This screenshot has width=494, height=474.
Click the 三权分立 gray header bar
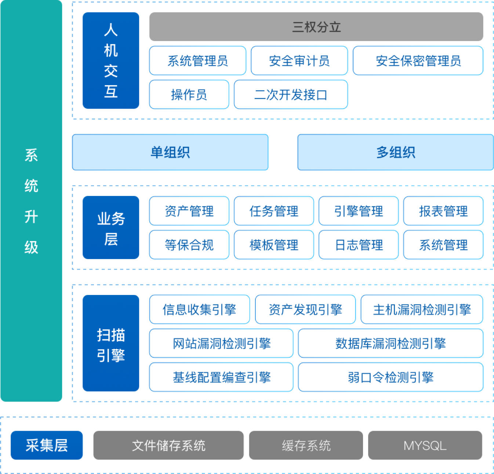pyautogui.click(x=316, y=27)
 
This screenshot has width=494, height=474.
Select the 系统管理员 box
pyautogui.click(x=197, y=61)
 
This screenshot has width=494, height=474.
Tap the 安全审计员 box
pyautogui.click(x=299, y=61)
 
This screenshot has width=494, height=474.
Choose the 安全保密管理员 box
pyautogui.click(x=418, y=61)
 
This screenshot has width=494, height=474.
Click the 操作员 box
pyautogui.click(x=189, y=95)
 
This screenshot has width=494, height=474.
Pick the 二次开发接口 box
pyautogui.click(x=291, y=95)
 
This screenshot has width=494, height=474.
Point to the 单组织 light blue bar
pyautogui.click(x=170, y=152)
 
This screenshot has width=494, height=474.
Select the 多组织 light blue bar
pyautogui.click(x=395, y=152)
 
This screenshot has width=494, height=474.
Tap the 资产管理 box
pyautogui.click(x=189, y=211)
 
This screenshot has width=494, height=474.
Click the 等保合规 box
pyautogui.click(x=189, y=245)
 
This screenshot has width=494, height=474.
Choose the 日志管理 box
pyautogui.click(x=359, y=245)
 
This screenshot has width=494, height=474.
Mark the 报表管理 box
pyautogui.click(x=443, y=211)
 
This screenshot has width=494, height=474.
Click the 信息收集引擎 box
pyautogui.click(x=199, y=309)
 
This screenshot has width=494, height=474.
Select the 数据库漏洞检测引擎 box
pyautogui.click(x=391, y=343)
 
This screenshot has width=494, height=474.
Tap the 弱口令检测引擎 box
pyautogui.click(x=391, y=377)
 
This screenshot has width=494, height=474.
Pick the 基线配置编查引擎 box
pyautogui.click(x=221, y=377)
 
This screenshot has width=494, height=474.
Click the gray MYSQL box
pyautogui.click(x=425, y=445)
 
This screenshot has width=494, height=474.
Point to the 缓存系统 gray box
pyautogui.click(x=306, y=445)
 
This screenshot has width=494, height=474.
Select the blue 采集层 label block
pyautogui.click(x=47, y=445)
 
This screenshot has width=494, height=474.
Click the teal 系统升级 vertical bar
pyautogui.click(x=31, y=201)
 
